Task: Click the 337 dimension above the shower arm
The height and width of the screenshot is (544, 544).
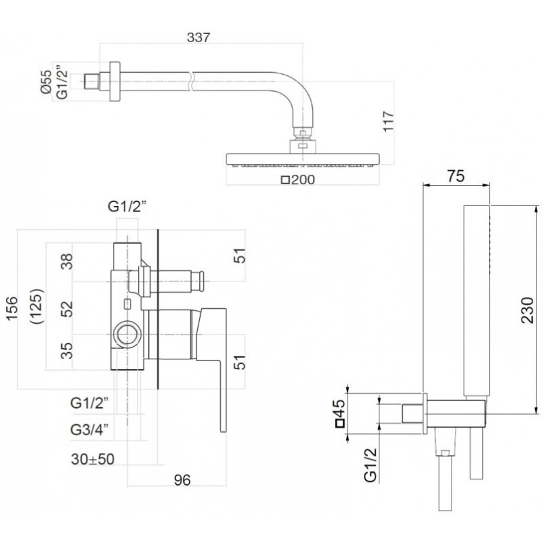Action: (x=199, y=37)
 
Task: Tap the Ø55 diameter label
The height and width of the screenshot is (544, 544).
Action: (x=46, y=81)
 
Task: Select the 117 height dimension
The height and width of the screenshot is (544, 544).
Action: (x=388, y=121)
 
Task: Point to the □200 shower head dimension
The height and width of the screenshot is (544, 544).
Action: (x=298, y=180)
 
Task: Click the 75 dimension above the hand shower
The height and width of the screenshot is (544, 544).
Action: (x=456, y=176)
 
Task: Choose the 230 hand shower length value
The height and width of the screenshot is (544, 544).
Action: (x=528, y=310)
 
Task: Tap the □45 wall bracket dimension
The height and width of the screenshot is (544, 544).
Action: (x=340, y=413)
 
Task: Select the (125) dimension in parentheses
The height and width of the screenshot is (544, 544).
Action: (x=37, y=306)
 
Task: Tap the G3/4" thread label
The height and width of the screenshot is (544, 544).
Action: (x=90, y=430)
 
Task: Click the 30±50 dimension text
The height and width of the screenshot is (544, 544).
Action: (x=92, y=459)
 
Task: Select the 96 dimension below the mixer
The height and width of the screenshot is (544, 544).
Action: (x=182, y=480)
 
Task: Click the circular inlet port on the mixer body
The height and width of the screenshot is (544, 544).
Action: (x=127, y=335)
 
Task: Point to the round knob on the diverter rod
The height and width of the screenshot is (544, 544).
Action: (x=201, y=282)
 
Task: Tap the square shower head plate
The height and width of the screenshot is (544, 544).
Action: (x=303, y=159)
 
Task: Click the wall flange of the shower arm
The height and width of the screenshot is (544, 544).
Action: (x=115, y=82)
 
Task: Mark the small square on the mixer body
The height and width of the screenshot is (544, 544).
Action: (x=127, y=304)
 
